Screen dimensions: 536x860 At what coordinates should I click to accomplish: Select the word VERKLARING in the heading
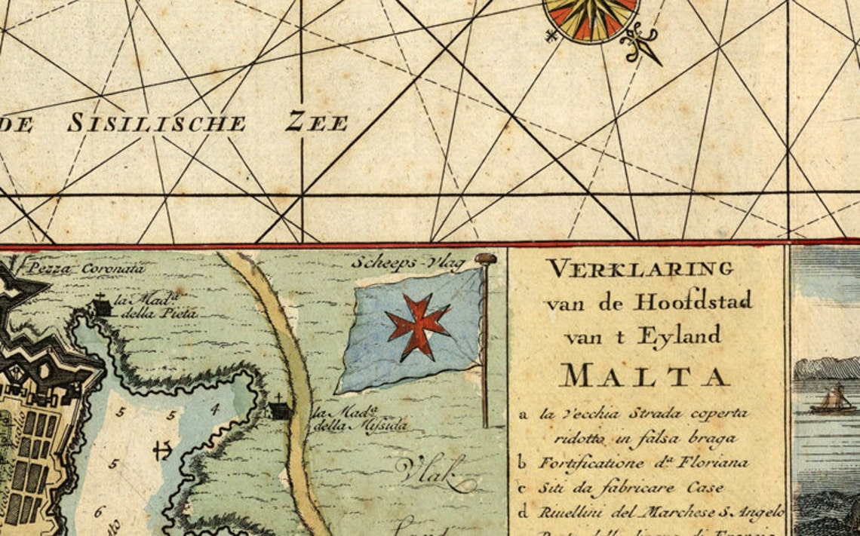640,268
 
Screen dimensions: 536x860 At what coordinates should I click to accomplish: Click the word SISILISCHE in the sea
156,123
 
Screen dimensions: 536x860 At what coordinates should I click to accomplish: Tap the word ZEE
317,122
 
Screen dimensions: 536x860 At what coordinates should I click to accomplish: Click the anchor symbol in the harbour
161,451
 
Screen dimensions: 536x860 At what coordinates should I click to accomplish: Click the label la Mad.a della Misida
359,419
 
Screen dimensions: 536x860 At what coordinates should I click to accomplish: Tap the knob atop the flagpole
485,259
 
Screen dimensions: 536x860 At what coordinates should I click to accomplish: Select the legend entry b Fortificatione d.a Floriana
634,462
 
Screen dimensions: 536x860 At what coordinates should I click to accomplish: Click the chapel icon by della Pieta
101,305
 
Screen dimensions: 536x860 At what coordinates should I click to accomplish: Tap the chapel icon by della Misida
280,409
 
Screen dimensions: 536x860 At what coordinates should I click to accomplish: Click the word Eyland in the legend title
679,337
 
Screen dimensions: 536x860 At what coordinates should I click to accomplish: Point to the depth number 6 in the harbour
99,512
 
